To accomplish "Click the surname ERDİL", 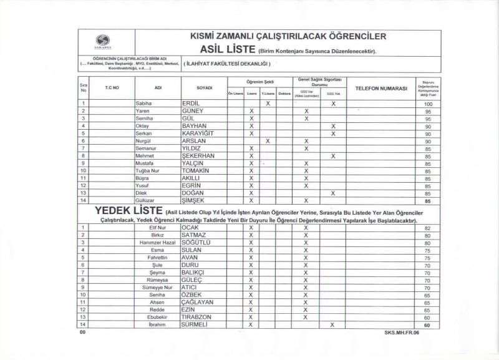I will pos(190,103).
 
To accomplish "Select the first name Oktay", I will pos(142,126).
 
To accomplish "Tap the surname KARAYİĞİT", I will pos(197,134).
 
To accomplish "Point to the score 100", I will pos(428,104).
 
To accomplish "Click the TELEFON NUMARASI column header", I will pos(380,89).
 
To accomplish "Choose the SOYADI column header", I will pos(205,89).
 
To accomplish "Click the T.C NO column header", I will pos(112,89).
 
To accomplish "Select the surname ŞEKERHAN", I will pos(198,156).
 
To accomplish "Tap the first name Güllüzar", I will pos(145,201).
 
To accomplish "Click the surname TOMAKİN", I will pos(195,171).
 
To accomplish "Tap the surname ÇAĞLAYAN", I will pos(197,302).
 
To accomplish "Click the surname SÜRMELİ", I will pos(195,324).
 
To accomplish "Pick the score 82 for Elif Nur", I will pos(428,228).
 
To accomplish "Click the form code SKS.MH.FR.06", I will pos(403,334).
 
